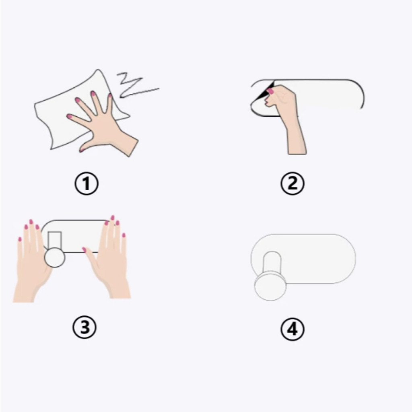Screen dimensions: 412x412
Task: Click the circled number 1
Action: (87, 183)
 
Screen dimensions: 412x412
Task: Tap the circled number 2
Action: (293, 183)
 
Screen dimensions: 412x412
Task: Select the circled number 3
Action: (84, 327)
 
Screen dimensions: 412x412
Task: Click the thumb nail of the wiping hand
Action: (82, 150)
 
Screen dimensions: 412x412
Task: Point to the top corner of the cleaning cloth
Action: (98, 70)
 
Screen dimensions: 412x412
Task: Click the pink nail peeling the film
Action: (270, 91)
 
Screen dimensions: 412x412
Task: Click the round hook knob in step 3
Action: (55, 257)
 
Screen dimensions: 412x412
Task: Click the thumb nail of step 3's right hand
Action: (84, 249)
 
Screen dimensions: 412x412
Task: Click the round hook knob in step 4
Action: (270, 286)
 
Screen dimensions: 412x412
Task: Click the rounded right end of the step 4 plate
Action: (355, 259)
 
